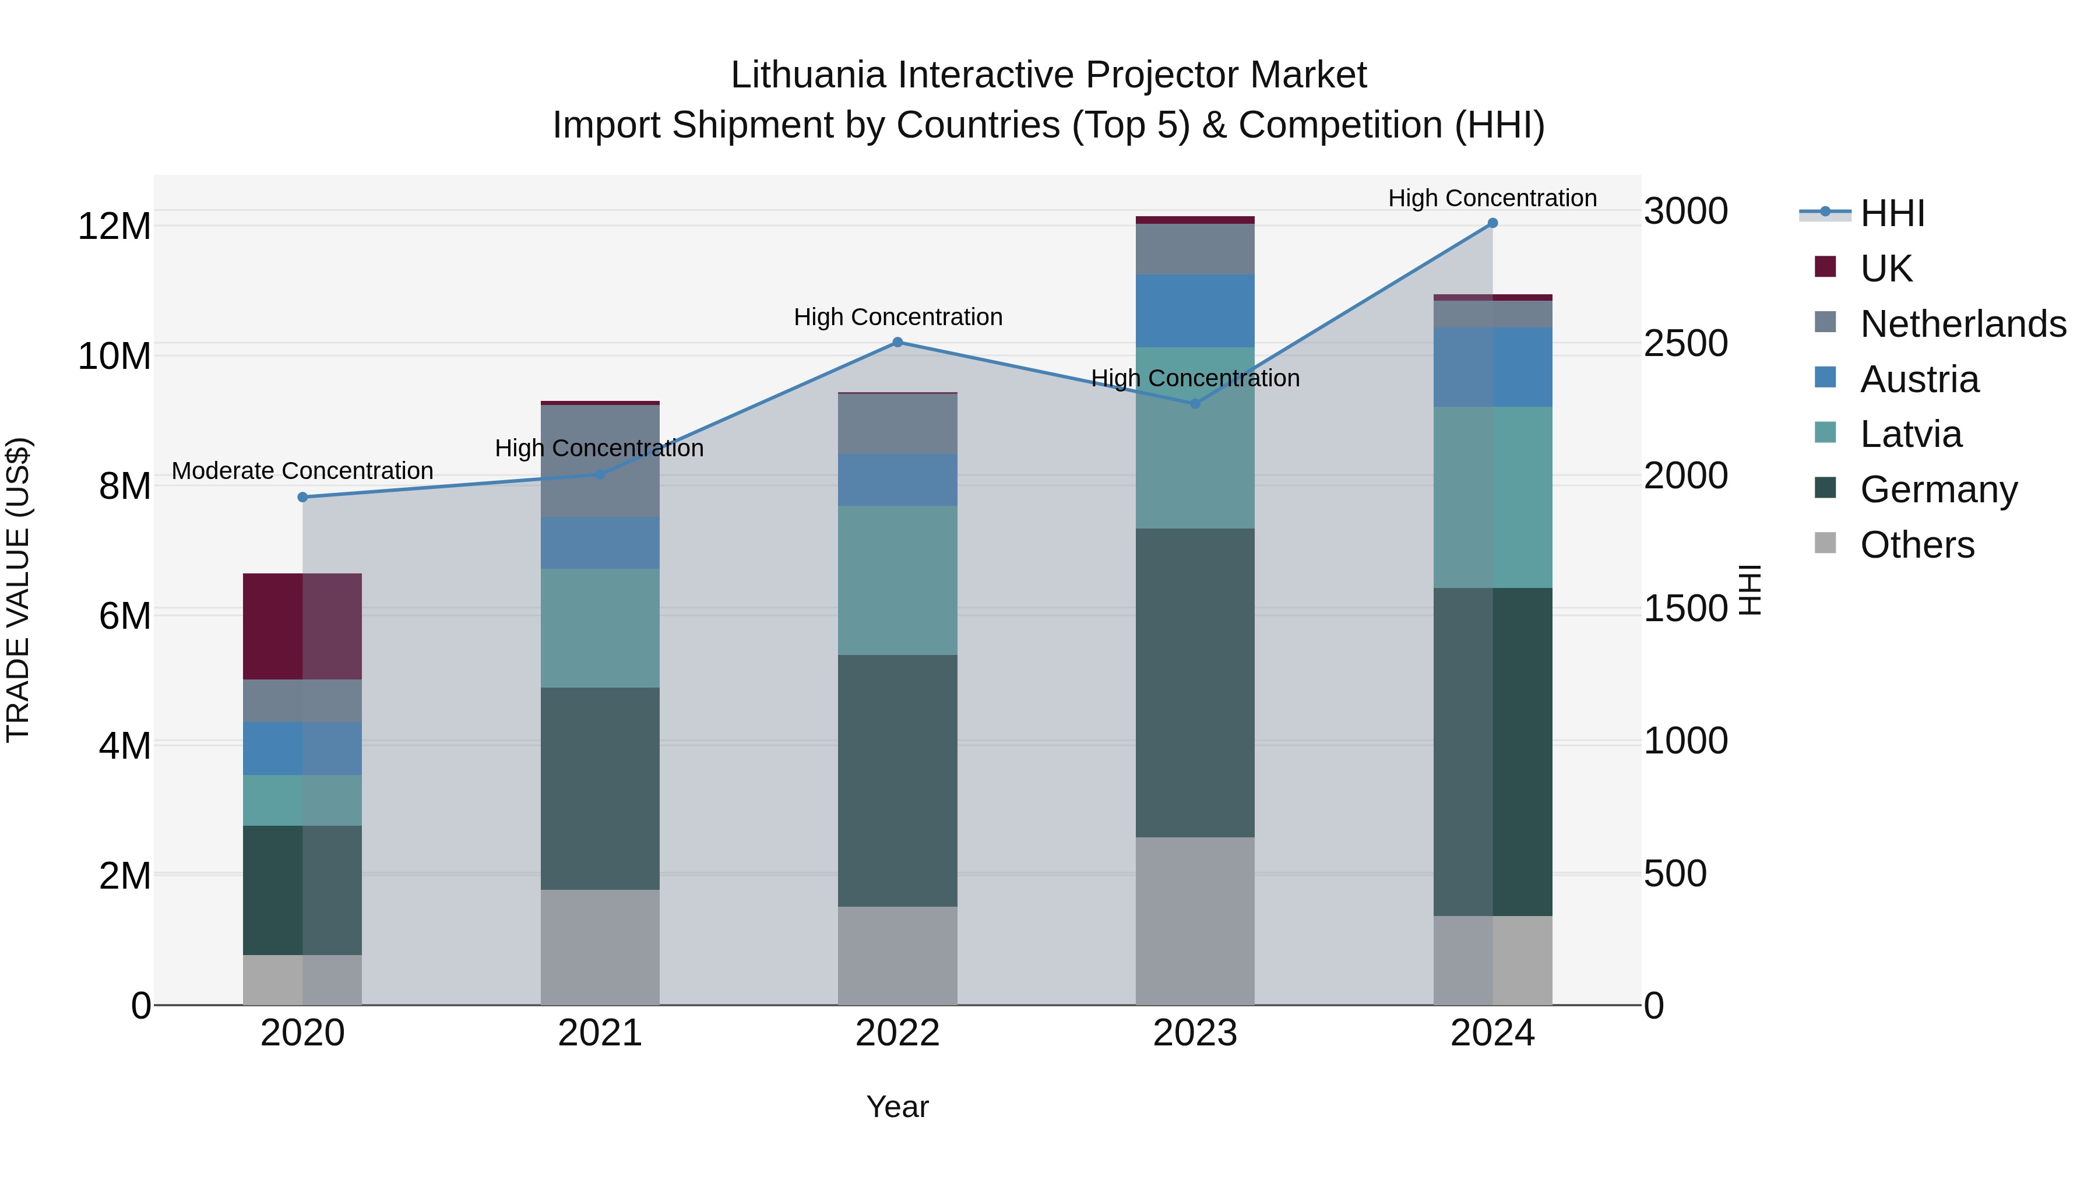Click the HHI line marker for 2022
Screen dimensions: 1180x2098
[897, 342]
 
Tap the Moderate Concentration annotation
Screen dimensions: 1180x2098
[302, 471]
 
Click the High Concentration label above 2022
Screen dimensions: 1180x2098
[897, 317]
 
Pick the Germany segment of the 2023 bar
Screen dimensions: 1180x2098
[1195, 682]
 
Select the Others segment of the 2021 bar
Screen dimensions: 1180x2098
[600, 946]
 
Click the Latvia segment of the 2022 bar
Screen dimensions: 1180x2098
[897, 580]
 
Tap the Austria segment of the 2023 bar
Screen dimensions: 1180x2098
[1195, 311]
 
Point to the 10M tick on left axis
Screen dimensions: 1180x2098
[114, 357]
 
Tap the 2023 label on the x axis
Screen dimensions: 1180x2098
[1195, 1033]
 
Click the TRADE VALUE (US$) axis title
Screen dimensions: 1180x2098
[18, 590]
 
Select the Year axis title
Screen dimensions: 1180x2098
[897, 1107]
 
